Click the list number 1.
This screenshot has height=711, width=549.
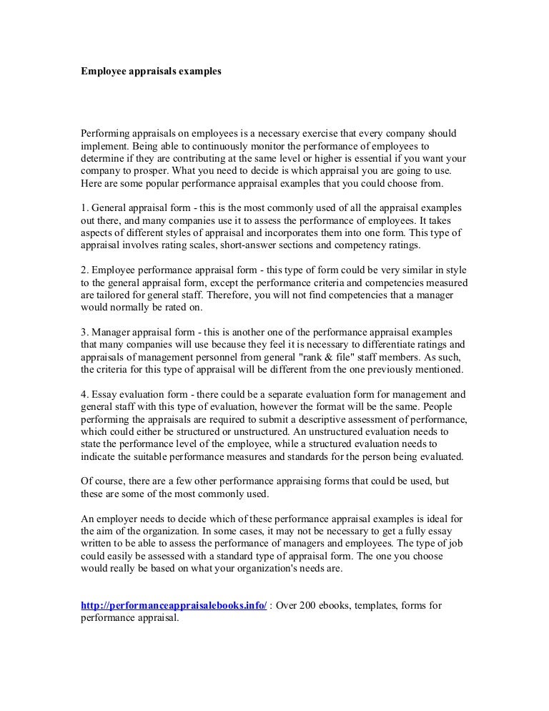pyautogui.click(x=83, y=208)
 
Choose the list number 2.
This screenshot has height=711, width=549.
pyautogui.click(x=83, y=270)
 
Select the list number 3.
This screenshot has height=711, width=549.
pyautogui.click(x=83, y=333)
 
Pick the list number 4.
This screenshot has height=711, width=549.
pyautogui.click(x=83, y=394)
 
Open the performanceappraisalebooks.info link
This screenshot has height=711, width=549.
pyautogui.click(x=174, y=606)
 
